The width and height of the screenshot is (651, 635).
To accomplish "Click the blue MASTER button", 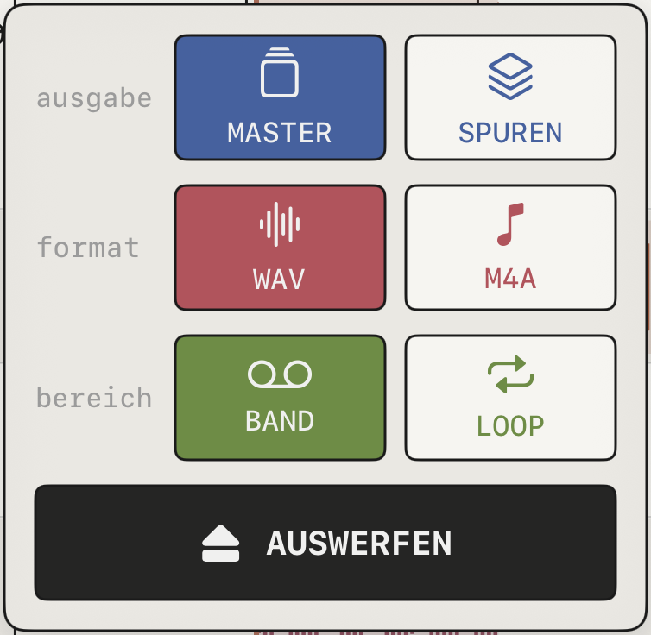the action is point(281,97).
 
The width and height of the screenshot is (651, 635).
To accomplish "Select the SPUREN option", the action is point(510,97).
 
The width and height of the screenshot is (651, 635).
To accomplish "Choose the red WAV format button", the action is point(281,248).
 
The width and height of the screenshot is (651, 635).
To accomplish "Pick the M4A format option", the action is point(510,248).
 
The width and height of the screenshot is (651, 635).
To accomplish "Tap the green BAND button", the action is point(281,398).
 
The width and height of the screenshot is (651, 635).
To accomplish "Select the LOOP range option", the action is point(510,398).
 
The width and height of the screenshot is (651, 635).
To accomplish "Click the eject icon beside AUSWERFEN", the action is point(220,544).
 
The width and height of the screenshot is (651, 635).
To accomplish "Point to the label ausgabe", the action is point(94,99).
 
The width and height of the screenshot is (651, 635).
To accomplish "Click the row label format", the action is point(88,248).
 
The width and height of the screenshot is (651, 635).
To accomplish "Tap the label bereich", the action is point(94,398).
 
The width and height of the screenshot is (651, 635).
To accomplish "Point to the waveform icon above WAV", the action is point(280,224).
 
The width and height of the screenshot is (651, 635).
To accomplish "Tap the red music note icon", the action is point(510,224).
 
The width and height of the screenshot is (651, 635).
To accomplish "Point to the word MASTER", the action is point(280,133).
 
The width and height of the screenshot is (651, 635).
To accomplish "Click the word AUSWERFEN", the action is point(359,544).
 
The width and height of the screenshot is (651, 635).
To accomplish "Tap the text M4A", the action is point(510,279).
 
